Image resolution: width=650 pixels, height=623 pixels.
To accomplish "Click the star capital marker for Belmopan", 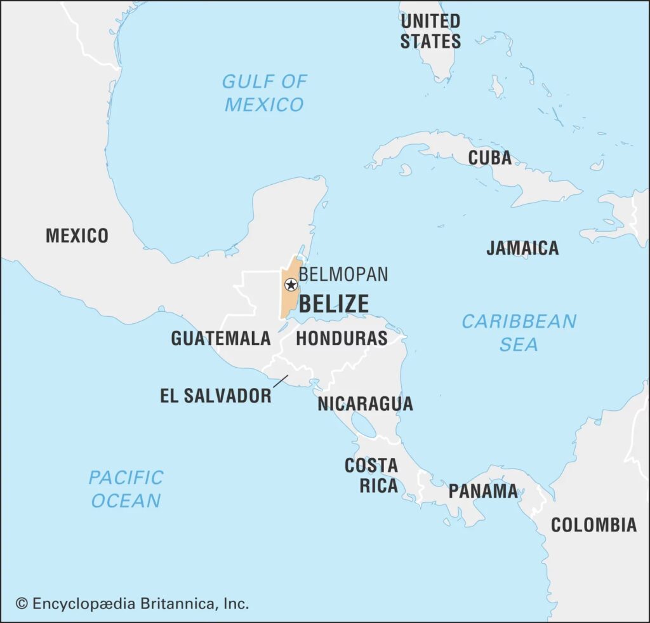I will pos(291,285).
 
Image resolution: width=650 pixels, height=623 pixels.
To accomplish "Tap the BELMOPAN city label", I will pos(343,274).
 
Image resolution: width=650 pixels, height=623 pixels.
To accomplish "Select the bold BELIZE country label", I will pos(333,304).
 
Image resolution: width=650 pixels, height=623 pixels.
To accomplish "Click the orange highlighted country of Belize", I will pos(289,302).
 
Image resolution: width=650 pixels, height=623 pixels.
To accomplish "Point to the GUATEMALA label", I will pos(221,338).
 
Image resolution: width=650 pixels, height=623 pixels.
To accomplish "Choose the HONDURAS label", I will pos(342,338).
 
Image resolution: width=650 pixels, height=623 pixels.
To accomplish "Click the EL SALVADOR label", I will pos(216,396).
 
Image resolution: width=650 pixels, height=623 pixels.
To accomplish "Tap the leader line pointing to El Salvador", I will pos(280,380).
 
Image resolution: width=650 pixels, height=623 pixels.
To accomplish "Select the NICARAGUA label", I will pos(365,403).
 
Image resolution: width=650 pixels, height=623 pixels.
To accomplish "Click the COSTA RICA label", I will pos(371,475).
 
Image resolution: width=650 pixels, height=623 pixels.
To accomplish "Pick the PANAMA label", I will pos(483,491).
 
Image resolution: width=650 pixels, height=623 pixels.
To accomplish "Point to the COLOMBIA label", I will pos(594,525).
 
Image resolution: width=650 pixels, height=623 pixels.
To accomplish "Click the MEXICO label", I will pos(77,236).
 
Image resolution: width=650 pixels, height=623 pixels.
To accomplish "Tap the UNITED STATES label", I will pos(430,30).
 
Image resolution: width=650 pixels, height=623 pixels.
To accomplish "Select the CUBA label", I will pos(489,157).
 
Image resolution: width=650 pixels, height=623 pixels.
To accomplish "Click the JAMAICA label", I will pos(522,248).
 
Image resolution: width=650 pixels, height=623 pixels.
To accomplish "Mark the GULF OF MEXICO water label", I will pos(264,93).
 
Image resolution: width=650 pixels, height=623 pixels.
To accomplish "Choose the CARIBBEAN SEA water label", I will pos(519,332).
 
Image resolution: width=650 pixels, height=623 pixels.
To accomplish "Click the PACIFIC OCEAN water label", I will pos(126,488).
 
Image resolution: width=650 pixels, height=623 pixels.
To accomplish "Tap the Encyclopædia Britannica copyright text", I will pos(132,603).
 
